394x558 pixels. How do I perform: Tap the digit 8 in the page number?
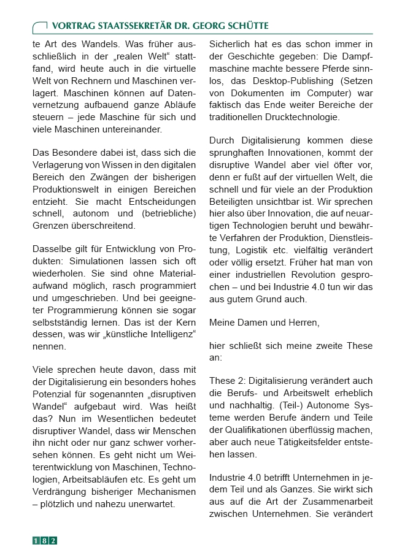click(45, 540)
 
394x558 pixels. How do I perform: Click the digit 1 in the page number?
click(36, 540)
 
